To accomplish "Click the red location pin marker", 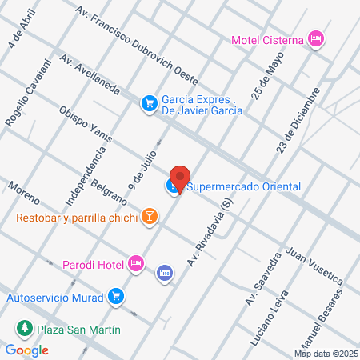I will pyautogui.click(x=180, y=178).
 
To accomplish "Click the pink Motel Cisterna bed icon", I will pyautogui.click(x=317, y=38).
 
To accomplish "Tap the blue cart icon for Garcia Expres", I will pyautogui.click(x=148, y=102).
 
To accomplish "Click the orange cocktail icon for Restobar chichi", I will pyautogui.click(x=149, y=216).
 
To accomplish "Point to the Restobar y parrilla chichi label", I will pyautogui.click(x=76, y=217).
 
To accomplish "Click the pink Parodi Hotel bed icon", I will pyautogui.click(x=136, y=262).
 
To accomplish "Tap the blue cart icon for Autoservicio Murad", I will pyautogui.click(x=117, y=296).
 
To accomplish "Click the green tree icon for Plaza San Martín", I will pyautogui.click(x=25, y=329).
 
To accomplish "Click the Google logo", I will pyautogui.click(x=27, y=350).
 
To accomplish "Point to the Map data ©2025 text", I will pyautogui.click(x=326, y=353).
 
